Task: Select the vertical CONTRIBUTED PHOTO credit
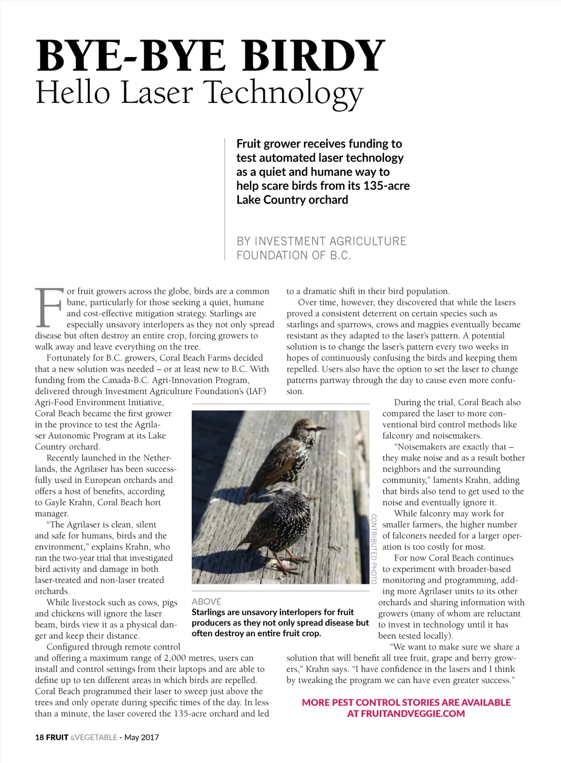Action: coord(374,548)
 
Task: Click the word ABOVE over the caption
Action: coord(207,601)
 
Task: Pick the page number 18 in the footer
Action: coord(39,737)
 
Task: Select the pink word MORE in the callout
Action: coord(316,702)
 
